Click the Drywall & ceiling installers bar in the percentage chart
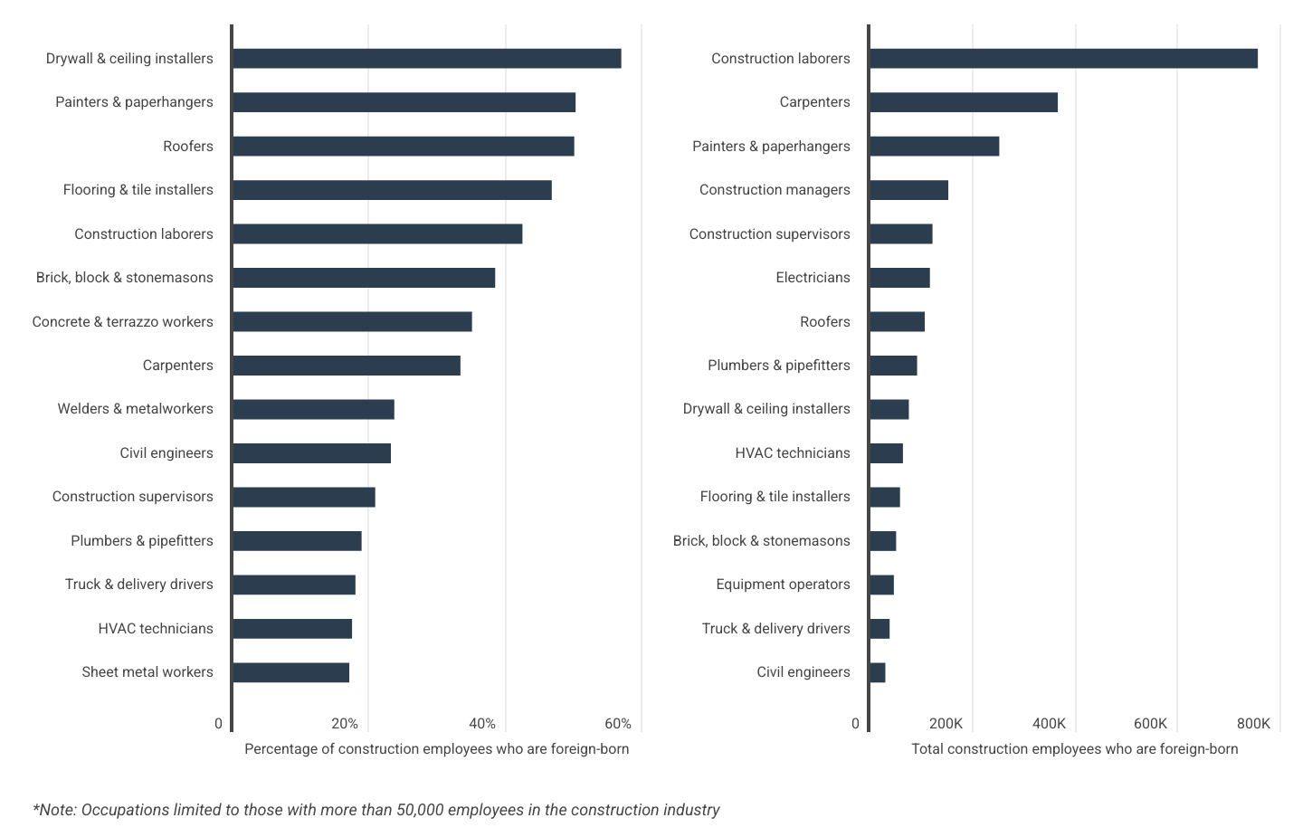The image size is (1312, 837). (x=426, y=59)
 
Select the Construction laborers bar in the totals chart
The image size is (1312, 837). (x=1063, y=59)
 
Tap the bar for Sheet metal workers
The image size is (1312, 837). (x=290, y=672)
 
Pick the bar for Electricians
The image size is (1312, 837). (x=899, y=278)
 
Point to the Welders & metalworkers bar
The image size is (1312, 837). (x=313, y=409)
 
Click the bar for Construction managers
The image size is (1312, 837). (x=908, y=190)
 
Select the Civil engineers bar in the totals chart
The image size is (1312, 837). (x=877, y=672)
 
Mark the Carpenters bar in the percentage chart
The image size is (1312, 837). (x=346, y=366)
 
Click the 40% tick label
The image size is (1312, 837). (x=481, y=724)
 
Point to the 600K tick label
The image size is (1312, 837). (x=1150, y=724)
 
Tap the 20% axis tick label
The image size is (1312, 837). (x=345, y=724)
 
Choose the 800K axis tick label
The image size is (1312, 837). (x=1253, y=724)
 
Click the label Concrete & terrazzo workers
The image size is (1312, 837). (x=123, y=322)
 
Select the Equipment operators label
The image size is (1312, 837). (x=783, y=585)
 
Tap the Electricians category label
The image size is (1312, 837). (x=813, y=278)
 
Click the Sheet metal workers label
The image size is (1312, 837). (x=147, y=672)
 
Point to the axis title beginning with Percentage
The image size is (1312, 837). (x=436, y=749)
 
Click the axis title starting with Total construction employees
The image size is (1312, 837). (x=1074, y=749)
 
